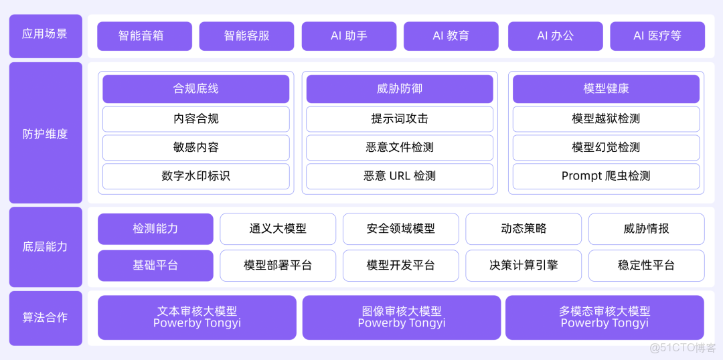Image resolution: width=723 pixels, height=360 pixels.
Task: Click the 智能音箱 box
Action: pyautogui.click(x=145, y=36)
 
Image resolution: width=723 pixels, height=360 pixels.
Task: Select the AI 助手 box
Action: pyautogui.click(x=349, y=36)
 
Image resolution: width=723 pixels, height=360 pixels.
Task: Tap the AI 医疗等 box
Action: pyautogui.click(x=657, y=36)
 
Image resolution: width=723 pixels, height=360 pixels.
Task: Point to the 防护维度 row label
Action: pyautogui.click(x=46, y=134)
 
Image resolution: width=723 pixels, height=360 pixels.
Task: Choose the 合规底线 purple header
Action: pyautogui.click(x=195, y=89)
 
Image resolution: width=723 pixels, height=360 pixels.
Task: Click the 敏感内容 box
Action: pyautogui.click(x=195, y=147)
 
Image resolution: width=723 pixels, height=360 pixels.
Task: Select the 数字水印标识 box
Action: pyautogui.click(x=195, y=176)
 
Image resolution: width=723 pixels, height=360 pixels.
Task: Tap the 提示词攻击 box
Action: pyautogui.click(x=400, y=119)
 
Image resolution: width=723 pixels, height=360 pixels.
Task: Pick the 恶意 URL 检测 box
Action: pyautogui.click(x=400, y=176)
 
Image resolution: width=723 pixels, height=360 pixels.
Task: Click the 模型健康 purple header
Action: pyautogui.click(x=606, y=89)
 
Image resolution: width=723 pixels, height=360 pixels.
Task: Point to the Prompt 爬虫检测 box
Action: pyautogui.click(x=606, y=176)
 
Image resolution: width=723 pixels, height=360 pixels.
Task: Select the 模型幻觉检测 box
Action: pyautogui.click(x=606, y=147)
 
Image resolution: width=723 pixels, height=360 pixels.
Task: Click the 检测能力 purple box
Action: pyautogui.click(x=155, y=229)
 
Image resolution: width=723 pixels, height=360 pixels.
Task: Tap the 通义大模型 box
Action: pyautogui.click(x=278, y=229)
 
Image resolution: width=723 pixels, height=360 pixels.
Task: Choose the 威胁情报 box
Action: pyautogui.click(x=646, y=229)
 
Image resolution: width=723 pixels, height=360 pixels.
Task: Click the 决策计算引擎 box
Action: pyautogui.click(x=524, y=265)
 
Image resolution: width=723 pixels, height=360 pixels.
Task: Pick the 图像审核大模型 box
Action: pyautogui.click(x=401, y=317)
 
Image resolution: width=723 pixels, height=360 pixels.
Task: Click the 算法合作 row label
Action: pyautogui.click(x=46, y=318)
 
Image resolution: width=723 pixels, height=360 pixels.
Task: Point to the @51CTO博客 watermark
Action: pyautogui.click(x=683, y=348)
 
